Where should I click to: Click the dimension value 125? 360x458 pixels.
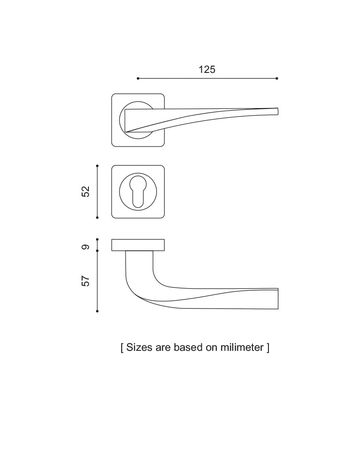[x=207, y=69]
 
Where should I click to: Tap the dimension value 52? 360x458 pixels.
[x=86, y=192]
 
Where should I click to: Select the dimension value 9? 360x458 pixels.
[x=86, y=247]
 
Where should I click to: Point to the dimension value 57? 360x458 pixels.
[x=86, y=280]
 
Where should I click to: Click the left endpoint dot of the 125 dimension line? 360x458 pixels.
[x=138, y=79]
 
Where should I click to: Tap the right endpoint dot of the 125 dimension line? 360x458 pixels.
[x=277, y=79]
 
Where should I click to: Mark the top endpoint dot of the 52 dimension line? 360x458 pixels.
[x=97, y=166]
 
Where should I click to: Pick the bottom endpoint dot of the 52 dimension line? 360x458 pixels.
[x=97, y=218]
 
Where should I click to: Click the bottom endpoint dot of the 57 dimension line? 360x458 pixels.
[x=97, y=311]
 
